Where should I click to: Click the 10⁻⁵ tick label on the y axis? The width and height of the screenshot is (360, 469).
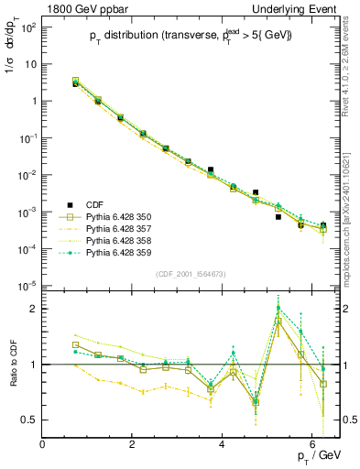pos(28,286)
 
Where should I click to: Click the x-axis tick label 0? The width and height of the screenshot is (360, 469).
pos(43,444)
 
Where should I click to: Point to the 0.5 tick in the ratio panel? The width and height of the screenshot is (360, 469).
pos(28,420)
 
